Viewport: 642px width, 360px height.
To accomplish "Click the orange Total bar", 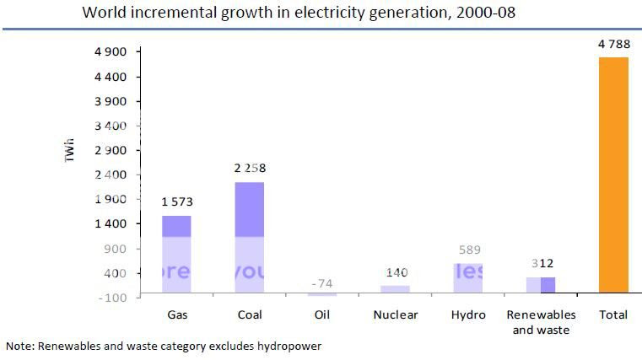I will [x=613, y=175].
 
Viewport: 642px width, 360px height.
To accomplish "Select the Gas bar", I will [x=176, y=254].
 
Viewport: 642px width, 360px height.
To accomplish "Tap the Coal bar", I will [x=250, y=238].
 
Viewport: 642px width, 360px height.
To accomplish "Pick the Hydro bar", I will [x=467, y=278].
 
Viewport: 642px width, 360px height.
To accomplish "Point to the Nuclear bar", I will [x=395, y=288].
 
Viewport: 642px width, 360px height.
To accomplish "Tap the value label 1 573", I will [x=177, y=202].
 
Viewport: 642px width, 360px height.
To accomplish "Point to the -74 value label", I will [x=321, y=282].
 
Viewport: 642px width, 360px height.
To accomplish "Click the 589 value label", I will [x=467, y=250].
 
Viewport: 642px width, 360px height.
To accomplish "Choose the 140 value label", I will [x=395, y=273].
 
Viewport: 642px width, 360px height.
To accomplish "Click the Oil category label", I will [x=322, y=315].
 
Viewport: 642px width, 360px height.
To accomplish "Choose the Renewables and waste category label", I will [x=541, y=322].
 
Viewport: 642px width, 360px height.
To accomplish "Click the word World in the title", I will [x=102, y=13].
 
